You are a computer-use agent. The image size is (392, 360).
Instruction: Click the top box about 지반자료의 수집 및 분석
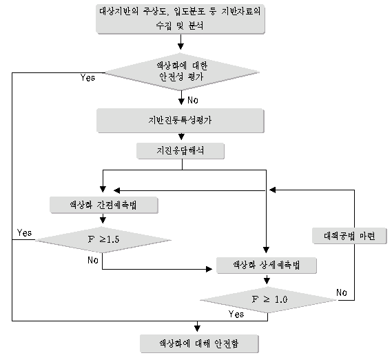pos(180,19)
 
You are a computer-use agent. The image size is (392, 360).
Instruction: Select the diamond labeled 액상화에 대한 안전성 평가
pos(182,72)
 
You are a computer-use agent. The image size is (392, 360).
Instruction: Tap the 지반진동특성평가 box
pos(180,121)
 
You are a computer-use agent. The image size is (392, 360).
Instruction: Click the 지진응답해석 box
pos(180,151)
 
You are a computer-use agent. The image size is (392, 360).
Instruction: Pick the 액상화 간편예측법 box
pos(104,205)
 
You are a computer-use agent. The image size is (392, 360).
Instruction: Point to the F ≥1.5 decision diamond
pos(103,240)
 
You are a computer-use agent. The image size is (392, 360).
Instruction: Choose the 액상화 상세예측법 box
pos(267,265)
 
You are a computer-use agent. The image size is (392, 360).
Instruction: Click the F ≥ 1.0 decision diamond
pos(269,300)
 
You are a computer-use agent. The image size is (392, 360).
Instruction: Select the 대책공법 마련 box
pos(349,236)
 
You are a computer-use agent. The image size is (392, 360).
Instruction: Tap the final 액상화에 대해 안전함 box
pos(199,343)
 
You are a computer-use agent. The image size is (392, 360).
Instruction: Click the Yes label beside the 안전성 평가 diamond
pos(87,78)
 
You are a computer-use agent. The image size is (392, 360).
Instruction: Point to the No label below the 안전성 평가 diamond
pos(193,100)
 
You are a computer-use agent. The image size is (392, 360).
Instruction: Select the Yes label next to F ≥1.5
pos(25,233)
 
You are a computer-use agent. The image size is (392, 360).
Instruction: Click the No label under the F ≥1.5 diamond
pos(93,261)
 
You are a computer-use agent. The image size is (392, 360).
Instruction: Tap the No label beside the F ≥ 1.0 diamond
pos(342,292)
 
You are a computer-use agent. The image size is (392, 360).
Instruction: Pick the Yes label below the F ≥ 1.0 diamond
pos(236,314)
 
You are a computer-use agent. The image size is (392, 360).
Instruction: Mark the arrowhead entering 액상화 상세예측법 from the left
pos(209,269)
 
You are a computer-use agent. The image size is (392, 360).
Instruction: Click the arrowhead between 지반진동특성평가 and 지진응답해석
pos(181,137)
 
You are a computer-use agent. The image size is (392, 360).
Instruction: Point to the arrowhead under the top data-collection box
pos(180,46)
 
